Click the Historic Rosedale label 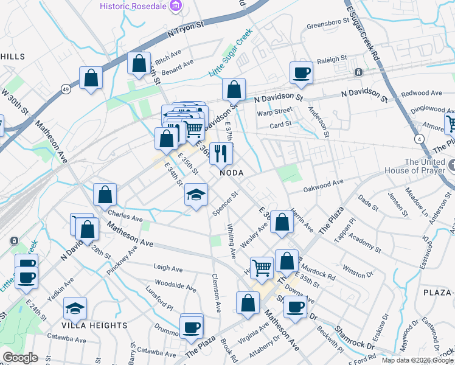tap(134, 7)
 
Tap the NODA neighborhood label tap(231, 173)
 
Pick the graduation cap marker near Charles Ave tap(195, 195)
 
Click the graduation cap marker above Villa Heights tap(75, 308)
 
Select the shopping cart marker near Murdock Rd tap(262, 266)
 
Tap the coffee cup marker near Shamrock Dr tap(295, 308)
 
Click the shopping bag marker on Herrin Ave tap(282, 222)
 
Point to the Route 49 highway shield tap(65, 89)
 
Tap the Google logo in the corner tap(20, 358)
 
